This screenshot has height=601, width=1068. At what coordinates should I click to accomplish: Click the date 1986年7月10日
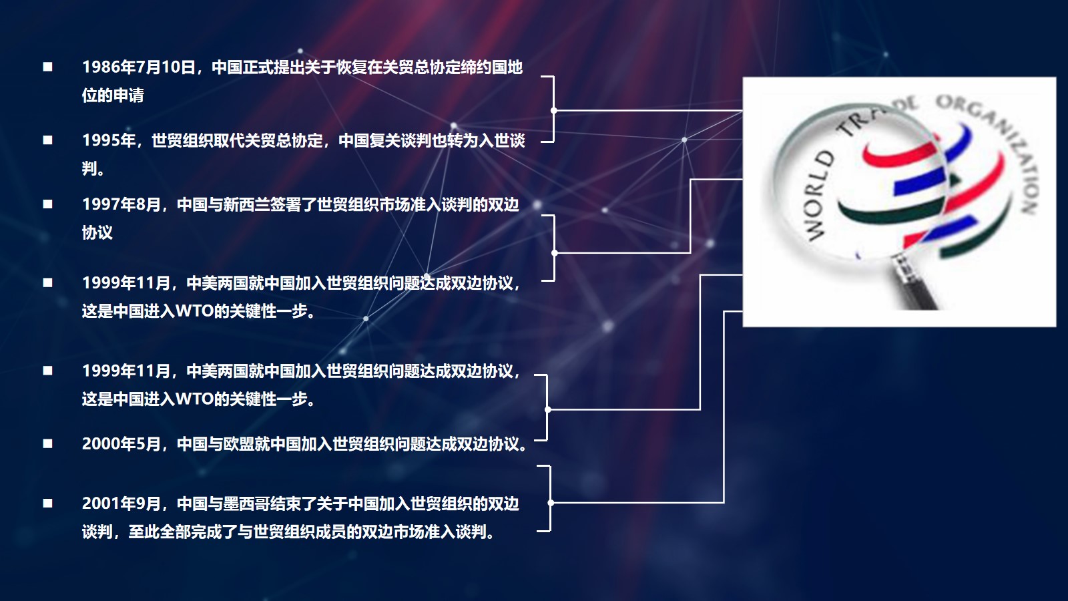pos(138,67)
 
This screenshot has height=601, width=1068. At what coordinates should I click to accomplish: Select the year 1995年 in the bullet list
pos(109,141)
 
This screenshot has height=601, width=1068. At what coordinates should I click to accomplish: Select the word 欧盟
pos(238,444)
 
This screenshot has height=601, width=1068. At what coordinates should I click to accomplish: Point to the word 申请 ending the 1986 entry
pos(128,95)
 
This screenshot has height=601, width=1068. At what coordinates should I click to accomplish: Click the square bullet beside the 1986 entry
pos(47,67)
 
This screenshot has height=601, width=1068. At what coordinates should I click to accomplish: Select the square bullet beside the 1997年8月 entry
pos(47,204)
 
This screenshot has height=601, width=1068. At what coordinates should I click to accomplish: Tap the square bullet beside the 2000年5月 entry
pos(47,443)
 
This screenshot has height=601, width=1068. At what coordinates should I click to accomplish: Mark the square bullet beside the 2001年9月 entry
pos(47,504)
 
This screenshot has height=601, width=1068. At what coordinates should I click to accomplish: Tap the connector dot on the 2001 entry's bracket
pos(551,503)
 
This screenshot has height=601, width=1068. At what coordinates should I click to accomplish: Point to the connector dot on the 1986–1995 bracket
pos(553,110)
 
